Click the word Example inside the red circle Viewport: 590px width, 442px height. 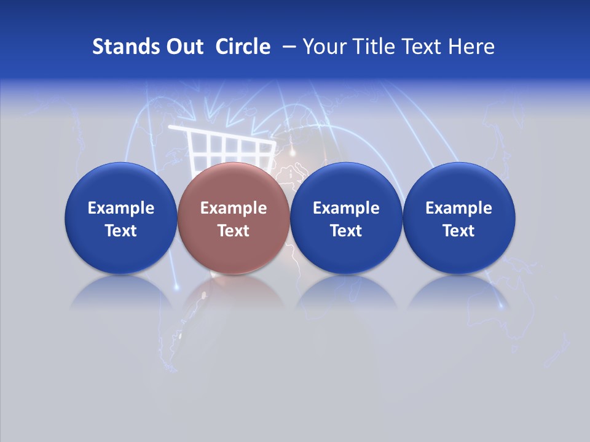pyautogui.click(x=234, y=208)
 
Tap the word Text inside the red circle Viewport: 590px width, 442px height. pyautogui.click(x=234, y=231)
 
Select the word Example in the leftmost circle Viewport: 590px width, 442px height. pyautogui.click(x=121, y=208)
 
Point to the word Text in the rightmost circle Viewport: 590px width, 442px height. pyautogui.click(x=458, y=231)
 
